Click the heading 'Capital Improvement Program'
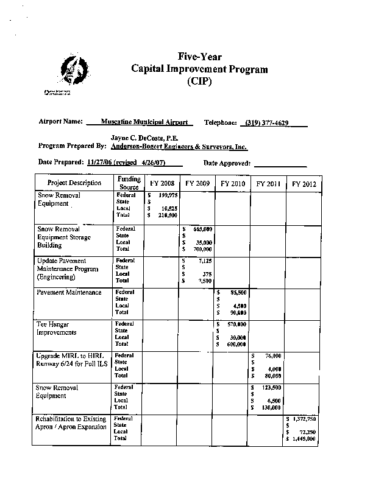pyautogui.click(x=199, y=69)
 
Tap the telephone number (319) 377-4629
pyautogui.click(x=267, y=123)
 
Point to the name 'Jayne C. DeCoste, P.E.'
pyautogui.click(x=144, y=139)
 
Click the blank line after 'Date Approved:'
pyautogui.click(x=280, y=163)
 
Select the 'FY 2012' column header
pyautogui.click(x=304, y=183)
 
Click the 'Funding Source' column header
pyautogui.click(x=129, y=183)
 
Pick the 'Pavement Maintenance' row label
pyautogui.click(x=69, y=293)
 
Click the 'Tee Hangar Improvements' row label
pyautogui.click(x=57, y=329)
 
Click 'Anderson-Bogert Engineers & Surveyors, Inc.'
pyautogui.click(x=179, y=147)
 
